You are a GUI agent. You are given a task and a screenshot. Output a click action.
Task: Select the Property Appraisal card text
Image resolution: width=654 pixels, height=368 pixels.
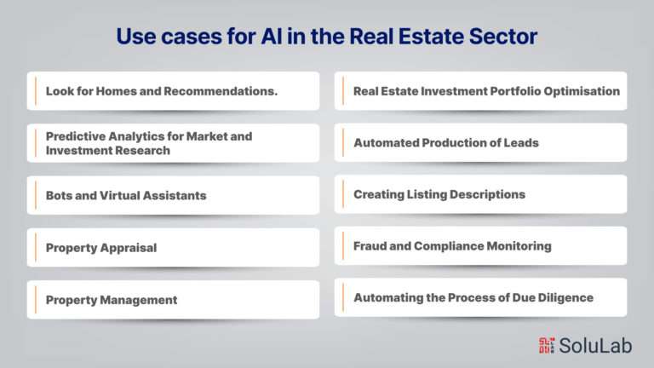[x=101, y=248]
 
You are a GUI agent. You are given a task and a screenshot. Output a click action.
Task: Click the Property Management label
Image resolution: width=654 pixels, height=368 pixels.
[x=112, y=300]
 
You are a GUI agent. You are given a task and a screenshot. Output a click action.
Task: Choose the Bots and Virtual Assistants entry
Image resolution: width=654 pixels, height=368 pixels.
[x=126, y=195]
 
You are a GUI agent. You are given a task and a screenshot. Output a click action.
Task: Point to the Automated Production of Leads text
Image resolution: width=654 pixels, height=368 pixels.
[x=446, y=143]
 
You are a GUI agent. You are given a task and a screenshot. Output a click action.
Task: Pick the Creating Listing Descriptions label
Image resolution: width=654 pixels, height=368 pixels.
[x=439, y=194]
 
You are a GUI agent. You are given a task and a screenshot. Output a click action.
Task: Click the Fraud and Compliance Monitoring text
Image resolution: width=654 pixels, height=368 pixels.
[x=452, y=246]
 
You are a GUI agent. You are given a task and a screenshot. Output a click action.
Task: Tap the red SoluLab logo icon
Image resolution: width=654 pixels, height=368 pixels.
[x=547, y=346]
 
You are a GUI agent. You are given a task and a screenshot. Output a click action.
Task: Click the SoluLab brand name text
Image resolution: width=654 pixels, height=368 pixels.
[x=595, y=346]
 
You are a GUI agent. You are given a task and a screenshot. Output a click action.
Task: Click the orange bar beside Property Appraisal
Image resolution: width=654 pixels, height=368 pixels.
[x=36, y=248]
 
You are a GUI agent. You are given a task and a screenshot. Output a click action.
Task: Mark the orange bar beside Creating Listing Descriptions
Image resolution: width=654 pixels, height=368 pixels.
[x=343, y=194]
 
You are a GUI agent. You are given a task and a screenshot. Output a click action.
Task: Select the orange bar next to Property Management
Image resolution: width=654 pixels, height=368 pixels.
[x=36, y=300]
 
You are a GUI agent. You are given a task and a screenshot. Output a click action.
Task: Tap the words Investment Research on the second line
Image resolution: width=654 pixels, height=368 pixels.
[x=108, y=151]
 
